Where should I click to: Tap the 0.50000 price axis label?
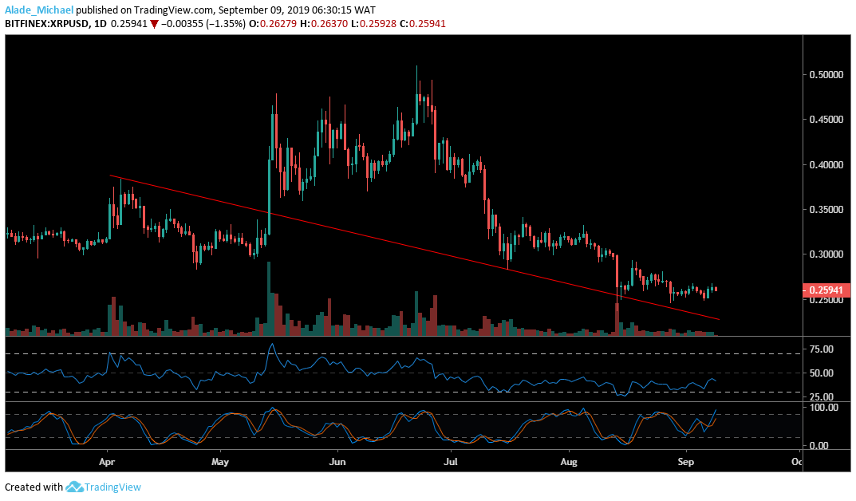pyautogui.click(x=822, y=74)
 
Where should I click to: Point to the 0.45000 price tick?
pyautogui.click(x=822, y=120)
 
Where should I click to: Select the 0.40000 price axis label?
pyautogui.click(x=822, y=165)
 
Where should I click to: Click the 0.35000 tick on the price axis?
pyautogui.click(x=822, y=210)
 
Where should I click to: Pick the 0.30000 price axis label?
pyautogui.click(x=822, y=254)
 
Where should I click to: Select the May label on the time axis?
pyautogui.click(x=222, y=461)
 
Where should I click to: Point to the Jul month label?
pyautogui.click(x=451, y=461)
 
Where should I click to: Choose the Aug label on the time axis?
pyautogui.click(x=569, y=461)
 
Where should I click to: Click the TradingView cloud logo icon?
pyautogui.click(x=75, y=487)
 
